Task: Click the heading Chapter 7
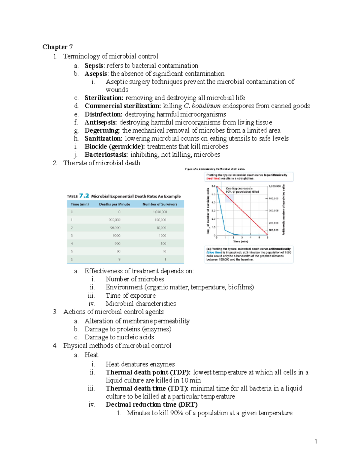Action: pyautogui.click(x=57, y=47)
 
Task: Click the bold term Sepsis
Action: pyautogui.click(x=94, y=65)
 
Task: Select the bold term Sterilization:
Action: pyautogui.click(x=104, y=98)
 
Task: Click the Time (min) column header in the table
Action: pyautogui.click(x=79, y=204)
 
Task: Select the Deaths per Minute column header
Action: pyautogui.click(x=115, y=204)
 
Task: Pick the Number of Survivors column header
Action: pyautogui.click(x=160, y=204)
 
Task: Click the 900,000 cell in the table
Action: pyautogui.click(x=115, y=220)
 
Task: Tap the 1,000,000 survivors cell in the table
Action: pyautogui.click(x=160, y=212)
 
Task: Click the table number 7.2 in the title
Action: pyautogui.click(x=84, y=196)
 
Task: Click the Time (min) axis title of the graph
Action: pyautogui.click(x=241, y=241)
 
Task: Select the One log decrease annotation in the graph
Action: pyautogui.click(x=242, y=190)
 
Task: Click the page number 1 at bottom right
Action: pyautogui.click(x=316, y=441)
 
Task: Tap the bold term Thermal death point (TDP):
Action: pyautogui.click(x=148, y=372)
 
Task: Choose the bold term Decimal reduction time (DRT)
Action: pyautogui.click(x=151, y=404)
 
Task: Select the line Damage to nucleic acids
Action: pyautogui.click(x=119, y=337)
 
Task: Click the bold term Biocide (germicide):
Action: pyautogui.click(x=115, y=146)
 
